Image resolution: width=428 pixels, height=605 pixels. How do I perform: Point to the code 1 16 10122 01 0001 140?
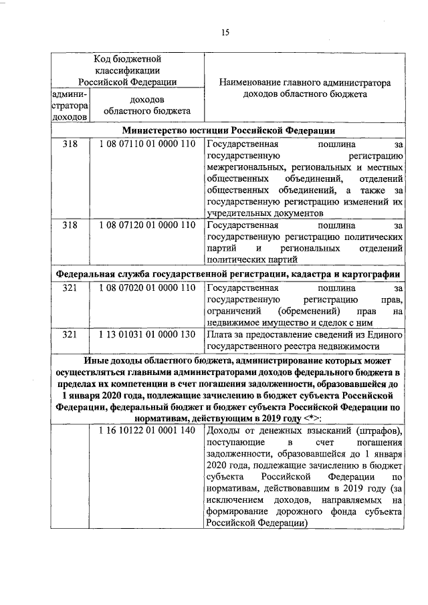(146, 430)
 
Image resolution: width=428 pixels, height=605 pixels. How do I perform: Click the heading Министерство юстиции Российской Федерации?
(227, 130)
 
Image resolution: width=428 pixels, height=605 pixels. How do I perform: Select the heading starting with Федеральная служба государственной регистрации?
(227, 274)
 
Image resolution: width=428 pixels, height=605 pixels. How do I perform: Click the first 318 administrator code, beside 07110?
(70, 144)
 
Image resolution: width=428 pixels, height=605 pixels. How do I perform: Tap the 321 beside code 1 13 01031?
(70, 334)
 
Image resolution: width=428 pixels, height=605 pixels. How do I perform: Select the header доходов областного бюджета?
(146, 105)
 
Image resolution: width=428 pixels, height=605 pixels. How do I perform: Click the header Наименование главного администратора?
(304, 83)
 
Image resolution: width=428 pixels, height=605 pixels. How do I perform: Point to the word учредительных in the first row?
(239, 213)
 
